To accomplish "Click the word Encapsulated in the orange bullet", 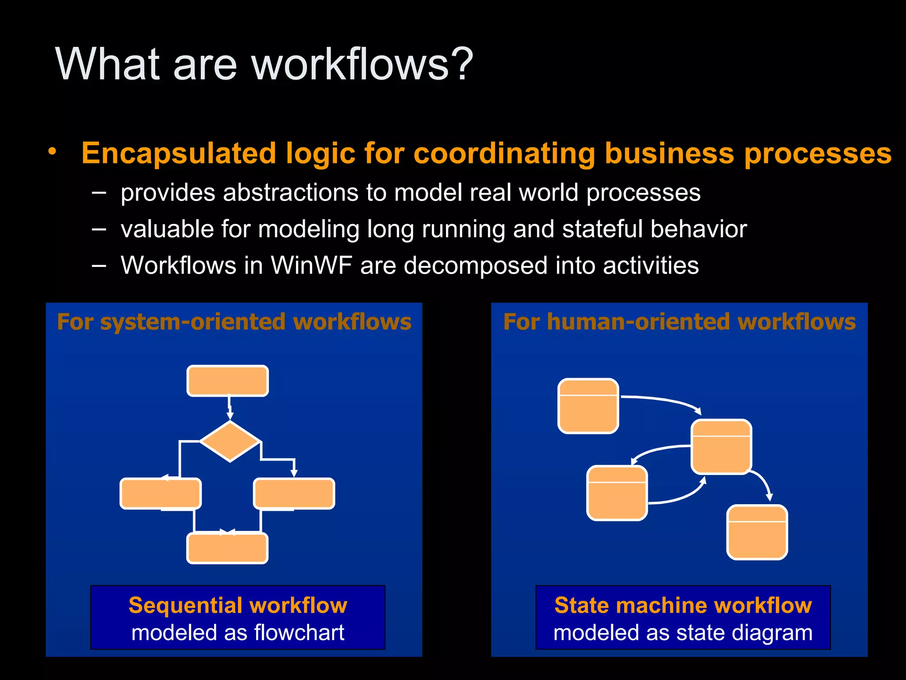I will pos(179,154).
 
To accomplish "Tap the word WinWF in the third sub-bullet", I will pos(311,266).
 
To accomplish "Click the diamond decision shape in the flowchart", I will pos(230,441).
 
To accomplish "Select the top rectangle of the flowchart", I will pos(227,381).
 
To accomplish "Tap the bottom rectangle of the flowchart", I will pos(227,549).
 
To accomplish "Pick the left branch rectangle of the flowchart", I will pos(161,494).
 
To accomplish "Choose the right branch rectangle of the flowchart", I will pos(294,494).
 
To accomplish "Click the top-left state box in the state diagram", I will pos(588,406).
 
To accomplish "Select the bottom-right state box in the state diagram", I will pos(757,533).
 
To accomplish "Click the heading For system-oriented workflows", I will pos(234,322).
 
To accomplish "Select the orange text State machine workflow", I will pos(683,605).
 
